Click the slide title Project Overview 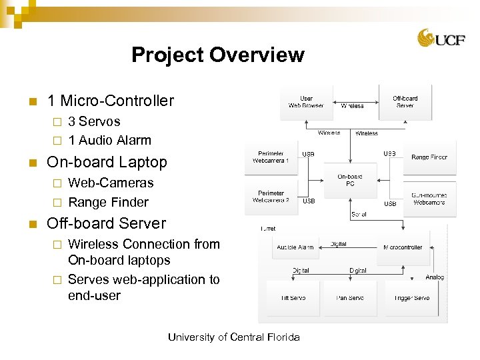coord(217,55)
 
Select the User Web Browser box coord(305,101)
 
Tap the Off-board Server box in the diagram coord(405,101)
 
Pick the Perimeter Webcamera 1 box coord(271,157)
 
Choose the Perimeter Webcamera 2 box coord(271,197)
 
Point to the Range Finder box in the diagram coord(429,157)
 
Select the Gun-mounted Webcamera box coord(429,198)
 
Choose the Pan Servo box coord(349,298)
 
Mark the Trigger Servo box coord(411,298)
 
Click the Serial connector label coord(358,215)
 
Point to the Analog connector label coord(435,277)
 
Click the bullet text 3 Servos coord(94,121)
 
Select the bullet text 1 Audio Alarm coord(109,140)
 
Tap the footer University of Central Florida coord(233,337)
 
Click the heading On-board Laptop coord(107,162)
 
